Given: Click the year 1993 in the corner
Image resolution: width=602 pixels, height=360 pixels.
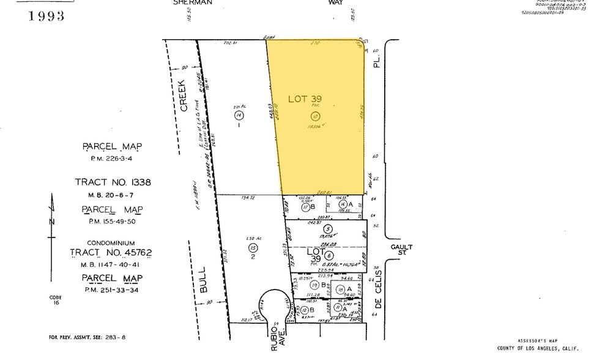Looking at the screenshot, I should click(46, 16).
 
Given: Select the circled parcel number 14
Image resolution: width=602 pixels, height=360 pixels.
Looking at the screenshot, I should click(239, 114).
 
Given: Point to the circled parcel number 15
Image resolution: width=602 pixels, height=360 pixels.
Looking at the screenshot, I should click(253, 248).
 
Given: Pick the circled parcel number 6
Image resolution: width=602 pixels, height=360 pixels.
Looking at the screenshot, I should click(329, 255).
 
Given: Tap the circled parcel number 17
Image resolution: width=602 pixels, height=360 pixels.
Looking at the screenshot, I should click(305, 208).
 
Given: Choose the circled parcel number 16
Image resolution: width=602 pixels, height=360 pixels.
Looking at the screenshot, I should click(343, 204).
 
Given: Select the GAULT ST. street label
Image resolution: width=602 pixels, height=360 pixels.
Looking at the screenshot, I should click(402, 250).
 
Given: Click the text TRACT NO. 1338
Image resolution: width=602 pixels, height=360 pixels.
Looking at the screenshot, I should click(113, 182).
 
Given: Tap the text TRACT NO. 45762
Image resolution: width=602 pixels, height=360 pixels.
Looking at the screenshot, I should click(111, 253).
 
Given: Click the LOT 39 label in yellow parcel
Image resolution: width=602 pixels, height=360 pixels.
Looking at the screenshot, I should click(305, 99).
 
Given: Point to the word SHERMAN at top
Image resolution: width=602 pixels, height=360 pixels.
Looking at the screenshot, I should click(194, 3).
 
